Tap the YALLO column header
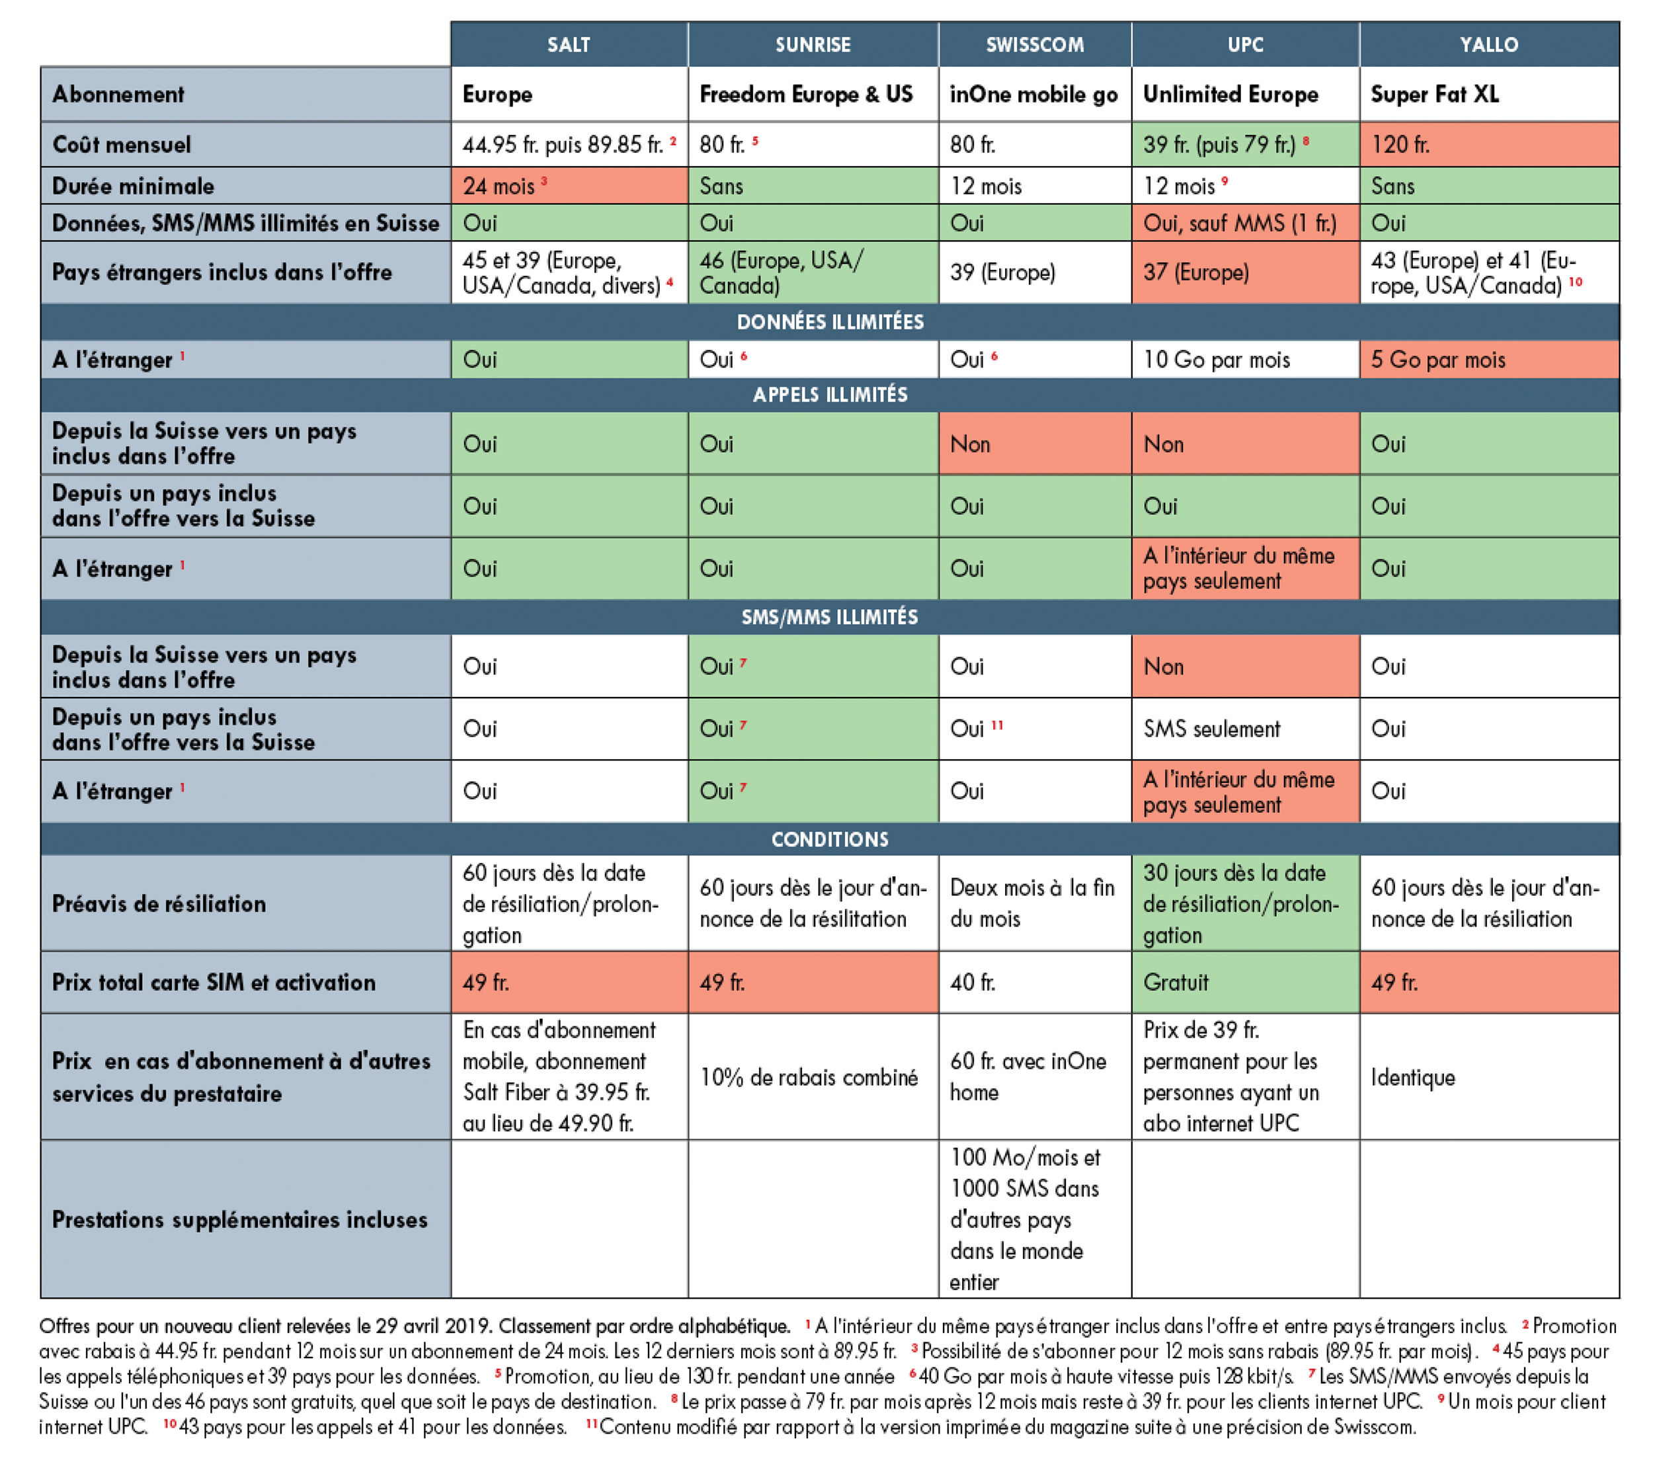pos(1489,44)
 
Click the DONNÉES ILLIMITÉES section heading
pos(830,322)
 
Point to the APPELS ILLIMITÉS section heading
pos(830,395)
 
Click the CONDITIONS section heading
pos(830,840)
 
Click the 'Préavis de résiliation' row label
pos(159,903)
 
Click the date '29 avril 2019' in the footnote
pos(434,1326)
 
